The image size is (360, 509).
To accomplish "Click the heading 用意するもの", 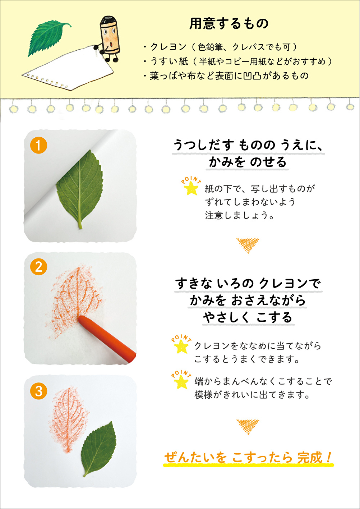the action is point(229,24).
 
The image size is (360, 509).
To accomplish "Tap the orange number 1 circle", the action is point(38,145).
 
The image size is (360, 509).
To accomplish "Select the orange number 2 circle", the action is point(38,267).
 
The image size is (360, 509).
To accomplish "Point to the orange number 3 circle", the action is point(38,391).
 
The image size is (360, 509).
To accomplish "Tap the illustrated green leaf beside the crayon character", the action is point(49,37).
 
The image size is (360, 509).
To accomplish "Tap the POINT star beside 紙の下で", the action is point(191,186).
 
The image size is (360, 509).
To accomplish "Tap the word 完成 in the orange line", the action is point(310,457).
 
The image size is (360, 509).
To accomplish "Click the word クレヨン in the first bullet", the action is point(169,47).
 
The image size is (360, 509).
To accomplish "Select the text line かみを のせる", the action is point(248,162).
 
